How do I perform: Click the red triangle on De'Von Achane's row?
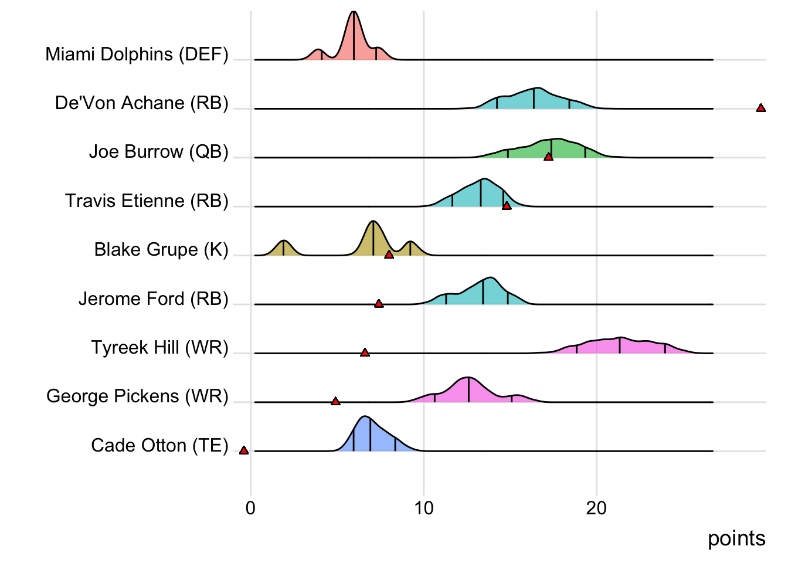coord(760,108)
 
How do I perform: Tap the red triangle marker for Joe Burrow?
coord(548,157)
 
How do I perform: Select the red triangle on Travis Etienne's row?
coord(507,206)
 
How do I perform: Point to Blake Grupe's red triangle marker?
coord(389,255)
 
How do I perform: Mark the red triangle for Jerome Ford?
coord(379,304)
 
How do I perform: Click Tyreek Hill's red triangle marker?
coord(365,352)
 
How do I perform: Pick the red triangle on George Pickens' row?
coord(335,401)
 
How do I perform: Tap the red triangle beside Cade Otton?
coord(244,450)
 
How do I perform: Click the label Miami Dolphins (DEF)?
coord(137,54)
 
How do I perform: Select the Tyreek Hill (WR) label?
coord(159,347)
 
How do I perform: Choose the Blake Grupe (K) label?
coord(161,249)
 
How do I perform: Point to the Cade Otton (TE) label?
coord(159,445)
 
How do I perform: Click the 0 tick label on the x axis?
coord(251,508)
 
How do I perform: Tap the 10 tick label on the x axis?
coord(424,508)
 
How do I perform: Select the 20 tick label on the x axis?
coord(596,508)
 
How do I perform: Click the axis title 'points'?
coord(736,538)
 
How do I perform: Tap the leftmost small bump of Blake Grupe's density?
coord(283,242)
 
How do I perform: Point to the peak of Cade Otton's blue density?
coord(365,418)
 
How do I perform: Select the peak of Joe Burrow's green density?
coord(557,140)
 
